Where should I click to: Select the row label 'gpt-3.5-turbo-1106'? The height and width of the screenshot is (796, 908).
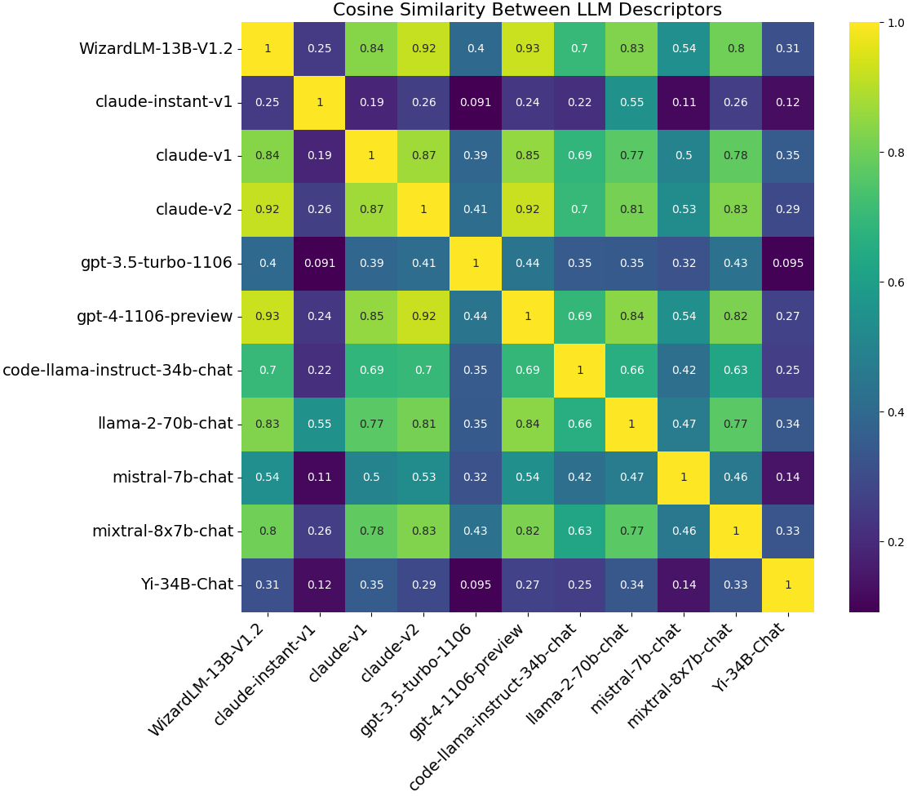157,263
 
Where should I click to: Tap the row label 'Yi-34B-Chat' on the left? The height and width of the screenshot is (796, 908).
186,585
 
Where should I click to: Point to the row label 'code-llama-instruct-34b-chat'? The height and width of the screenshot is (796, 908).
117,370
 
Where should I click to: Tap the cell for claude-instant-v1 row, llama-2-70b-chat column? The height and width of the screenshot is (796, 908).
631,102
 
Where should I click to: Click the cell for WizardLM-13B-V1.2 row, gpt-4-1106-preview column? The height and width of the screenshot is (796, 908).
528,48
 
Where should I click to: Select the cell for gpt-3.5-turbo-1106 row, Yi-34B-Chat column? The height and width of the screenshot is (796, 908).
787,263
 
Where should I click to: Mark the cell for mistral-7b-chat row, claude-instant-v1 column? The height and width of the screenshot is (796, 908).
320,478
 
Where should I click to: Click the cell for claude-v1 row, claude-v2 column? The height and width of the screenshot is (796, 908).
423,155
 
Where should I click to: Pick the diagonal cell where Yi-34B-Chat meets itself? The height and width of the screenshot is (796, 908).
787,585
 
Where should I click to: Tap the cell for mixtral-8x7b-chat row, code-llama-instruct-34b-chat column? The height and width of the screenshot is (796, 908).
579,531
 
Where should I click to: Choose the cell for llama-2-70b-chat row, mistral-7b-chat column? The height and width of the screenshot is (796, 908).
684,424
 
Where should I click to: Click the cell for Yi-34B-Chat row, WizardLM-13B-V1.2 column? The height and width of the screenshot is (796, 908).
268,585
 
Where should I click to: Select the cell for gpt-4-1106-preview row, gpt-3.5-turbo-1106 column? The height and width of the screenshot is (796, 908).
476,316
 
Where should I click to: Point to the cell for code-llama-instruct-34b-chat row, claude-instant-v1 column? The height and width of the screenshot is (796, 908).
320,370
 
